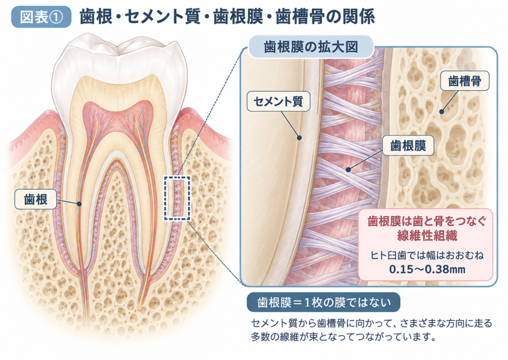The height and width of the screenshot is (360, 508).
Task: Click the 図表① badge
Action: click(41, 17)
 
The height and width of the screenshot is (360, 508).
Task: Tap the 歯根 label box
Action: click(36, 199)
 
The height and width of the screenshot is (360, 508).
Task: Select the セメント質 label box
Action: click(278, 101)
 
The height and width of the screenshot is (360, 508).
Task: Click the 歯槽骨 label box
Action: click(464, 81)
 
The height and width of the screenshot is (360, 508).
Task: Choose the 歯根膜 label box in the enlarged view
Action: click(408, 145)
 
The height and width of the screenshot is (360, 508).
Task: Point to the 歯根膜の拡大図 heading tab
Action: click(311, 47)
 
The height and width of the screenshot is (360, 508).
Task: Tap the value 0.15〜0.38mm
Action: click(427, 269)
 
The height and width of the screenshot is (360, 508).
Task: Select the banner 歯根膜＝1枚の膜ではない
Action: click(323, 302)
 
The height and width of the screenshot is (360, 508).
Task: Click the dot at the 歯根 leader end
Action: click(79, 204)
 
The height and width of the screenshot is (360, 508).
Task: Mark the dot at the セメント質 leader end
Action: click(299, 138)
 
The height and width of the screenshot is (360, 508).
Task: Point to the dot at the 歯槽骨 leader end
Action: click(442, 112)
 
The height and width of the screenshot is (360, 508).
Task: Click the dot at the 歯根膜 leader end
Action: click(348, 169)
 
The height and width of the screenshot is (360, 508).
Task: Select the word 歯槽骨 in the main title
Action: click(300, 16)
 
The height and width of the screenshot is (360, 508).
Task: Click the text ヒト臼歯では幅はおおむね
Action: click(427, 255)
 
